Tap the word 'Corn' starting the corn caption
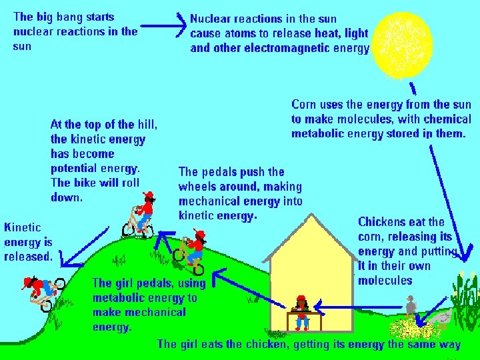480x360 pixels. [304, 105]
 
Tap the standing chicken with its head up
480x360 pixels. [411, 308]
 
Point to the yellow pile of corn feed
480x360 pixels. [411, 329]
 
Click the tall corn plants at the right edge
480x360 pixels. [467, 300]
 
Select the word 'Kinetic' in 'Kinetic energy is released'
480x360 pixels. [22, 227]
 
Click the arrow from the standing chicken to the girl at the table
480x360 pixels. [360, 307]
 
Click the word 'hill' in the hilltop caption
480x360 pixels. [147, 125]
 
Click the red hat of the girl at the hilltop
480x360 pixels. [149, 195]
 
